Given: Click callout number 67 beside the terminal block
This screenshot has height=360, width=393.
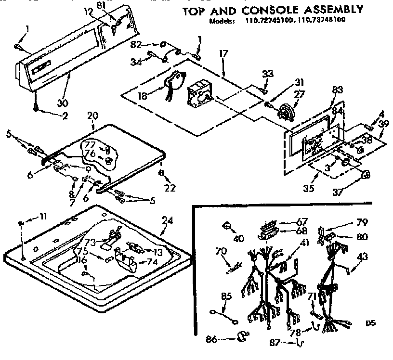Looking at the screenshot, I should coord(301,222).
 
